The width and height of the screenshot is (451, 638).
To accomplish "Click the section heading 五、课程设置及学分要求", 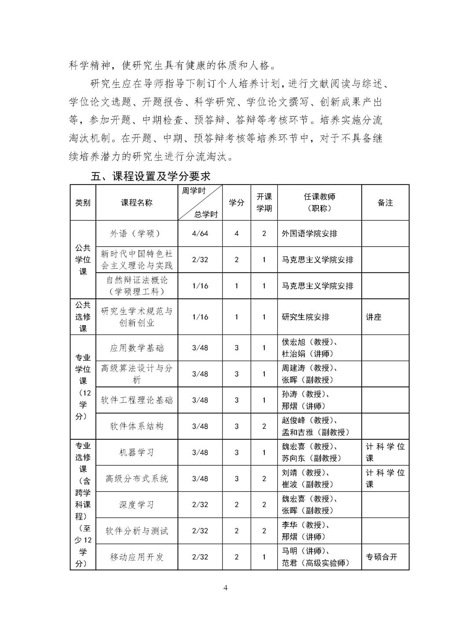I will (x=150, y=177).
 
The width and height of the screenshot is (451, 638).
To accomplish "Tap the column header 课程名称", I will (x=137, y=203).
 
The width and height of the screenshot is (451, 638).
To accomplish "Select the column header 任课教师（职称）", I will (x=319, y=203).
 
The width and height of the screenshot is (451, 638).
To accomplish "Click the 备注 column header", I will (x=385, y=203).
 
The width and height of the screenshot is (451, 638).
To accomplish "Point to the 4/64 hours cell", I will (x=200, y=234).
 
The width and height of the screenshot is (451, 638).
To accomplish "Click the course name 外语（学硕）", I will (x=137, y=234).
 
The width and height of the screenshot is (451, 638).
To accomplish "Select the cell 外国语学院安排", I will (x=310, y=234).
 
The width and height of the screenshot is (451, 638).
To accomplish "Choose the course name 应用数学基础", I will (x=137, y=348).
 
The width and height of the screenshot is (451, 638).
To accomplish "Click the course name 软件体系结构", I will (x=137, y=427).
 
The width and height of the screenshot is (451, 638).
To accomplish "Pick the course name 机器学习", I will (x=137, y=453).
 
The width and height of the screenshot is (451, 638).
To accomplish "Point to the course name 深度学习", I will (x=137, y=505).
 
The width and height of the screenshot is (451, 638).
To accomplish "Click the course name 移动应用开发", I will (x=137, y=557).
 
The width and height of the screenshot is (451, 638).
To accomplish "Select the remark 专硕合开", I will (x=381, y=557).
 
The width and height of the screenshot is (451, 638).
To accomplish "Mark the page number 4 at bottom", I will (x=225, y=588).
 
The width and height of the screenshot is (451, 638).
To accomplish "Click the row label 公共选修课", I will (x=83, y=317).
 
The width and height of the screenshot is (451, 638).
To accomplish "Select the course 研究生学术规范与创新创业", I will (x=137, y=317).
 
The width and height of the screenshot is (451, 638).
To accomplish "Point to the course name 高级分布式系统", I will (x=137, y=478).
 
